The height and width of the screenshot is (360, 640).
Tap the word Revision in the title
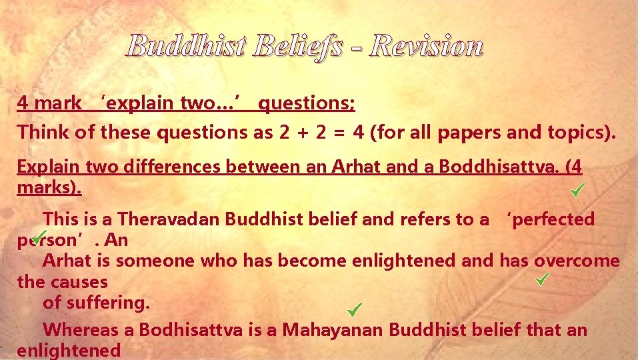point(427,46)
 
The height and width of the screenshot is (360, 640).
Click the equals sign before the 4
point(341,133)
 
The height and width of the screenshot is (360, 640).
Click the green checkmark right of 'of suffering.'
point(355,309)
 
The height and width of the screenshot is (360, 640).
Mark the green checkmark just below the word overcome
point(542,277)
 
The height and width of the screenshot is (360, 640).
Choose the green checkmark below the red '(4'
point(577,191)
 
